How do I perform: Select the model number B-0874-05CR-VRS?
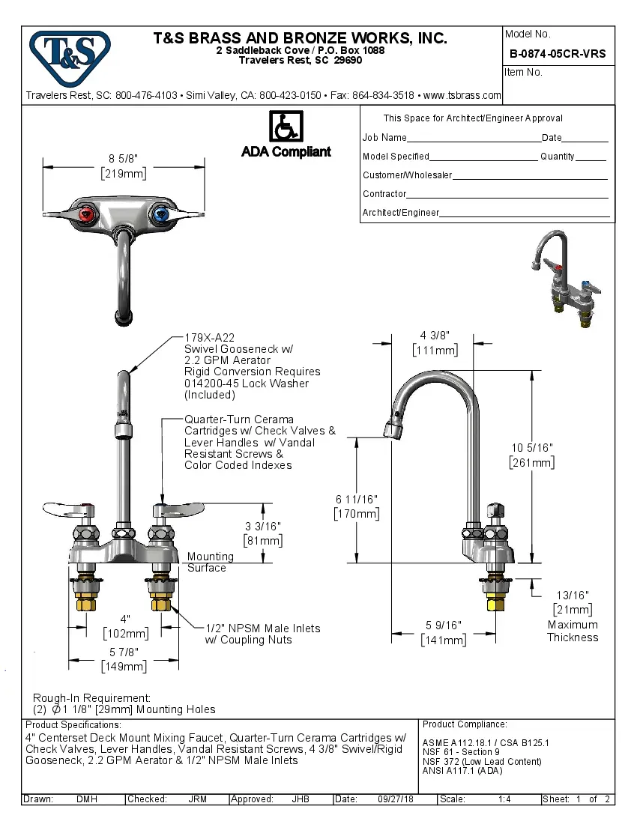tap(558, 54)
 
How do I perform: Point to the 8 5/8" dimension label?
tap(124, 159)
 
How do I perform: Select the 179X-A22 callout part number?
tap(210, 339)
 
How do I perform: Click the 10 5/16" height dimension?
tap(532, 448)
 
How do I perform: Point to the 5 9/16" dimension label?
tap(443, 625)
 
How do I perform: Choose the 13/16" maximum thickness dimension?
tap(573, 596)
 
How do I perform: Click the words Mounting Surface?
tap(210, 563)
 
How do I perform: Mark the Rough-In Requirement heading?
tap(91, 697)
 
